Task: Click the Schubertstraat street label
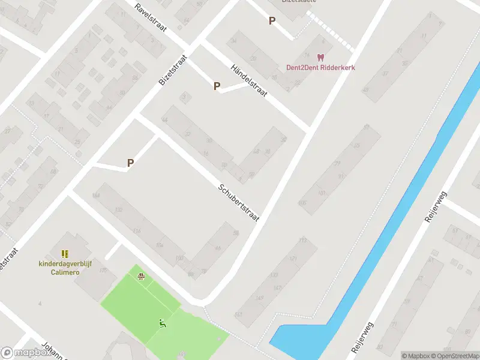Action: point(239,202)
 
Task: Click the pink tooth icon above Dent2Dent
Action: point(320,58)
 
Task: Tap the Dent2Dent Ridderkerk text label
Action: point(320,68)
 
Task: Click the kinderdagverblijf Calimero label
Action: point(65,268)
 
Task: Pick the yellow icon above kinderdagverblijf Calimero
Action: point(65,254)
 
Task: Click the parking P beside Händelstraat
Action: point(217,86)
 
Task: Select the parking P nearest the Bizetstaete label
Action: point(272,21)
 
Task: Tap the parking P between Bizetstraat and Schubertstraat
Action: point(130,163)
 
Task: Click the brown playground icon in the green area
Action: point(141,277)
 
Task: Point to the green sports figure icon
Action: point(162,324)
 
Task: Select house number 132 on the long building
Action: point(118,209)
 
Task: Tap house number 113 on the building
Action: point(302,240)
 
